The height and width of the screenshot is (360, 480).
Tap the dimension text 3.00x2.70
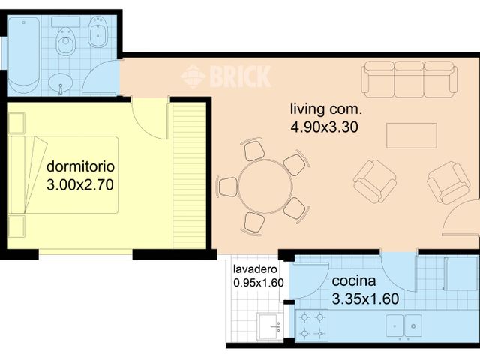click(x=79, y=184)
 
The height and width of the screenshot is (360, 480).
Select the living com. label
click(x=325, y=109)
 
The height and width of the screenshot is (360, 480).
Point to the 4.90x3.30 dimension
click(x=325, y=127)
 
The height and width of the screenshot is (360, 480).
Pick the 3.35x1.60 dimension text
click(x=364, y=298)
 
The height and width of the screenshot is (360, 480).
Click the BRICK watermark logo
click(x=226, y=76)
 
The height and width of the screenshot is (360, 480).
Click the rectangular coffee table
click(x=412, y=135)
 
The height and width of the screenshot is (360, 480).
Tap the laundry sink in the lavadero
click(x=270, y=325)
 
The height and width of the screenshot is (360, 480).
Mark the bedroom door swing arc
click(x=150, y=120)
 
